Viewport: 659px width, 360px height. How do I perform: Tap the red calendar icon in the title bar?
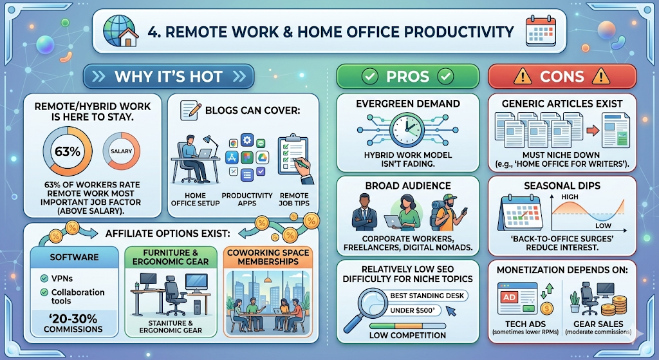point(541,31)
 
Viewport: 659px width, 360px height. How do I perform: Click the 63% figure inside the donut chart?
point(68,151)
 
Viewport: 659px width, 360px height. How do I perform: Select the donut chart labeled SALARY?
point(122,151)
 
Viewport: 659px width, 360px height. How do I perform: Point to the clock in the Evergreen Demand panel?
point(407,130)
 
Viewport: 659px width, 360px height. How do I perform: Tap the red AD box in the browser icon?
point(510,298)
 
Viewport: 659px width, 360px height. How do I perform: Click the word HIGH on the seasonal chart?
point(570,197)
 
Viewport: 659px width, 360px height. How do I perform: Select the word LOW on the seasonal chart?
point(603,226)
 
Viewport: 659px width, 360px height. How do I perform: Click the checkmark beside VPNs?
point(44,278)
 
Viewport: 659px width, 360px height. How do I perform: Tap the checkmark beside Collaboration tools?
point(44,292)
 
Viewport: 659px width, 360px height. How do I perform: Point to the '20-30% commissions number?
point(73,319)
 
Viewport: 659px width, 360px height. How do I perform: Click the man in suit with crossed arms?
point(364,213)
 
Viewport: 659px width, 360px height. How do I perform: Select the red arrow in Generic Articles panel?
point(593,130)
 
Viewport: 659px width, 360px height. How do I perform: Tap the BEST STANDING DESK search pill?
point(427,296)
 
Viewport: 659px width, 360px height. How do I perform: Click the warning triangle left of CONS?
point(523,77)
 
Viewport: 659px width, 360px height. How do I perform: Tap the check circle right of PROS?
point(445,77)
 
